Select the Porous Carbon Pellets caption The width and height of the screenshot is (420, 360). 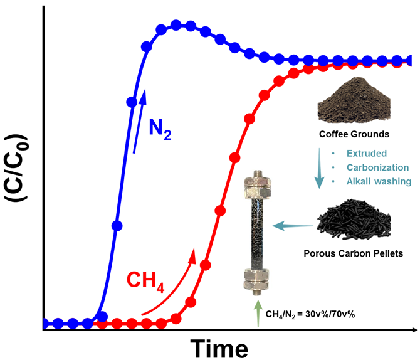pyautogui.click(x=355, y=255)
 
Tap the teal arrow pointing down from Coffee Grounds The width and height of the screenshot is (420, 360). pyautogui.click(x=321, y=167)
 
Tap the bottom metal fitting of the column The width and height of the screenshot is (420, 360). pyautogui.click(x=257, y=282)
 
